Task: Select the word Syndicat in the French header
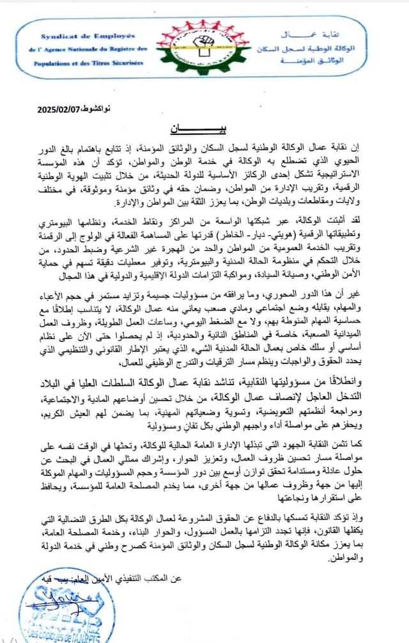58,38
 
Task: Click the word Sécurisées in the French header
125,63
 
